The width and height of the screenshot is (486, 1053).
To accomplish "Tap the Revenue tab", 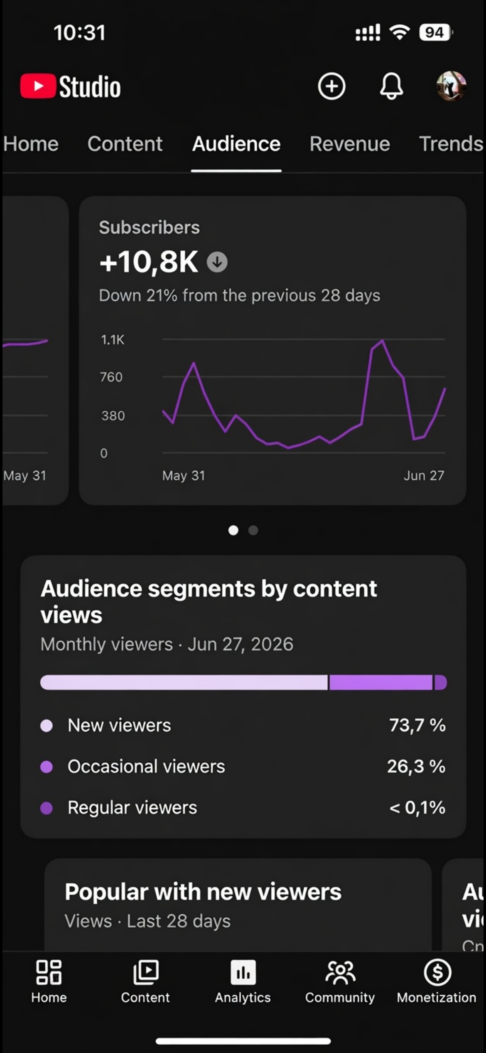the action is click(x=350, y=144).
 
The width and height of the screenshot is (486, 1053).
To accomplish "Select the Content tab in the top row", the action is click(x=125, y=144).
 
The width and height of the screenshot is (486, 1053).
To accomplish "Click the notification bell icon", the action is click(x=391, y=86).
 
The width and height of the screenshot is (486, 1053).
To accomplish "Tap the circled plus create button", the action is click(x=331, y=86).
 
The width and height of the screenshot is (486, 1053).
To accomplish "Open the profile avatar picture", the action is click(x=451, y=86).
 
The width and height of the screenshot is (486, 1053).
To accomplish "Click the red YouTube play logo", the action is click(x=38, y=86).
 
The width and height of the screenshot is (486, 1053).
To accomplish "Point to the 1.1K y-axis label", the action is click(x=113, y=340).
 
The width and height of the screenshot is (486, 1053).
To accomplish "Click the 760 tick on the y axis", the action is click(x=111, y=377).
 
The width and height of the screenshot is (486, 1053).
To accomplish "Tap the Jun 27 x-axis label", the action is click(x=424, y=475).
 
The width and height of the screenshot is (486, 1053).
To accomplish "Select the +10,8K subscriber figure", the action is click(x=149, y=262).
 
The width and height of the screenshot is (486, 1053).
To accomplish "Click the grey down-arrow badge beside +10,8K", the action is click(x=217, y=262).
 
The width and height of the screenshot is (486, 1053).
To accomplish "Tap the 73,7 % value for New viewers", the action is click(x=417, y=726).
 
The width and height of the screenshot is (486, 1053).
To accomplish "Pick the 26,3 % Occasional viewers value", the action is click(x=416, y=766).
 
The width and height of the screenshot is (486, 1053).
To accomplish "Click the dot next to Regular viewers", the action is click(x=47, y=808).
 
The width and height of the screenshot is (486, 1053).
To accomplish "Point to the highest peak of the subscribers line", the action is click(x=383, y=341).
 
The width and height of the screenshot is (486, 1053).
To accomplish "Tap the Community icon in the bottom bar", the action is click(x=340, y=973).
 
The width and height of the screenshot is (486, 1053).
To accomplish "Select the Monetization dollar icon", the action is click(x=437, y=973).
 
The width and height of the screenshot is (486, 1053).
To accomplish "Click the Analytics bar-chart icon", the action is click(x=243, y=973).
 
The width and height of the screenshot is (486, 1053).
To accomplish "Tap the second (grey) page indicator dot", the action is click(x=253, y=530).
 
